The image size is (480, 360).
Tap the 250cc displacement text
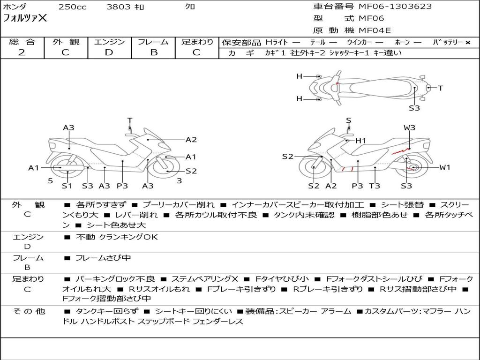(72, 7)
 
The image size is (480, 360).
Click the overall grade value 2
(22, 52)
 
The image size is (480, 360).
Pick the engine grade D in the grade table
(109, 52)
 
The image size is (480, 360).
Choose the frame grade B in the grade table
(153, 52)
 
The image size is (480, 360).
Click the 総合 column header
(22, 42)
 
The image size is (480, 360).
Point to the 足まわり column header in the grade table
(197, 42)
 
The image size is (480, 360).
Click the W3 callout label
(409, 127)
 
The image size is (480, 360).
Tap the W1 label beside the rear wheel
(444, 167)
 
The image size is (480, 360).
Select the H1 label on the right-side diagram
(360, 141)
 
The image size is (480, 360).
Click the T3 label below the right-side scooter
(375, 186)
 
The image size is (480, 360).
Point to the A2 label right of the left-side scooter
(191, 139)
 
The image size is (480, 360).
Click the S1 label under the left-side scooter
(67, 186)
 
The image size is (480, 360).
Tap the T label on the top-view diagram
(441, 88)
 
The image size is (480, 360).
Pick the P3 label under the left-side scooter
(122, 186)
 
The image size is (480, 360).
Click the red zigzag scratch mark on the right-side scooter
(398, 151)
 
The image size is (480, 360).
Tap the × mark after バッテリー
(467, 43)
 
